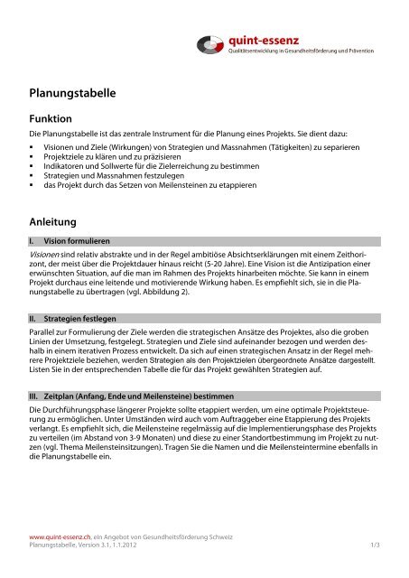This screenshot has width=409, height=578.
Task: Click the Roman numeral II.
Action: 34,319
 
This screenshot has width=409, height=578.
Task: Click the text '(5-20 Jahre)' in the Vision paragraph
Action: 250,268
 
